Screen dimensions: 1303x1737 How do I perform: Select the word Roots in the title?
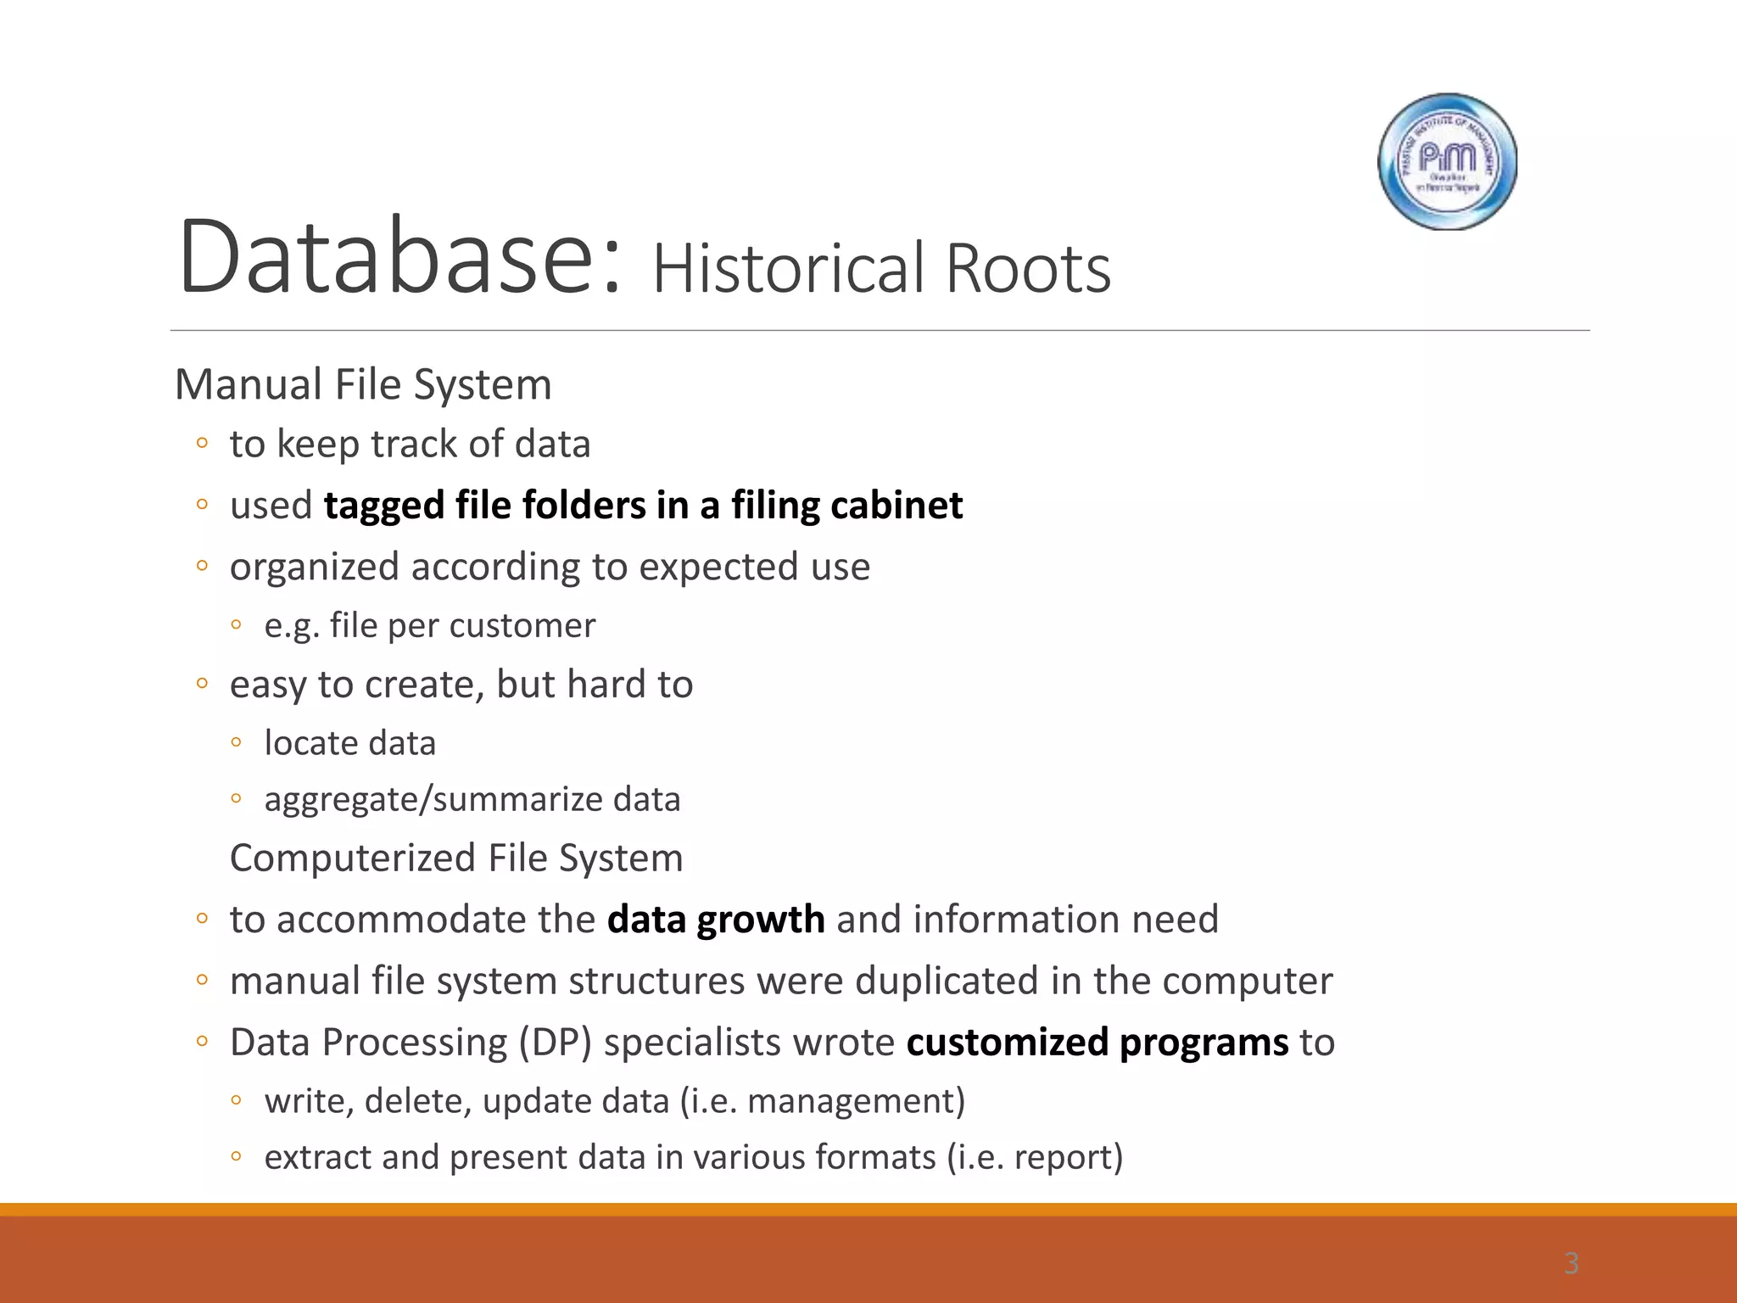pyautogui.click(x=1027, y=269)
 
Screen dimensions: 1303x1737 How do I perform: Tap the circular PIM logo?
pyautogui.click(x=1447, y=161)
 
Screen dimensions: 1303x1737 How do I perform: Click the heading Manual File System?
pyautogui.click(x=363, y=384)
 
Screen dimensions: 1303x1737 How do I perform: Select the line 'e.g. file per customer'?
pyautogui.click(x=429, y=626)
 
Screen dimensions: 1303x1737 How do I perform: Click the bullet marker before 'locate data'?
pyautogui.click(x=237, y=742)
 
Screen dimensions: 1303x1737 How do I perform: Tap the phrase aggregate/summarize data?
pyautogui.click(x=472, y=799)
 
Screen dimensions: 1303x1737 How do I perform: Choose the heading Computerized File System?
pyautogui.click(x=456, y=858)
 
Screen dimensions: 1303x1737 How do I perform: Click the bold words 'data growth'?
pyautogui.click(x=715, y=920)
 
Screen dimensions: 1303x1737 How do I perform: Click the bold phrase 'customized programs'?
pyautogui.click(x=1097, y=1043)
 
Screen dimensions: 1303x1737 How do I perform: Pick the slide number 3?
pyautogui.click(x=1571, y=1263)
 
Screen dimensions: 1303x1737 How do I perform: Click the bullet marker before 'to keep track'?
pyautogui.click(x=202, y=443)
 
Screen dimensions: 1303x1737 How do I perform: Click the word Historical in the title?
pyautogui.click(x=790, y=269)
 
